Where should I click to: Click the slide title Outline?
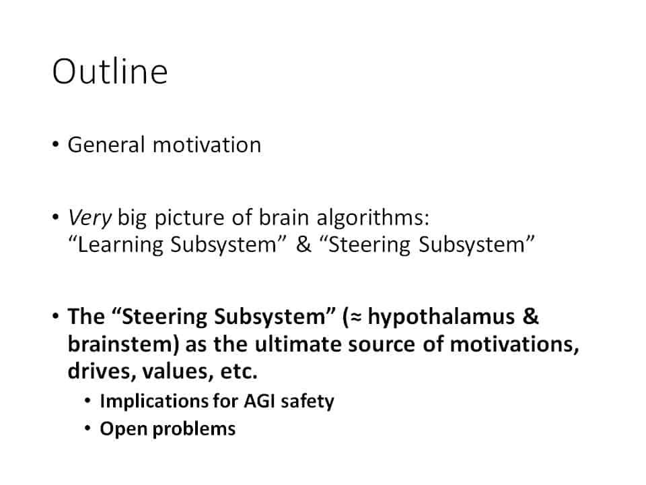[x=110, y=72]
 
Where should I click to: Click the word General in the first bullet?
[x=106, y=145]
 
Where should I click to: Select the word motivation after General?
[x=207, y=145]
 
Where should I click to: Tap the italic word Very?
[x=89, y=218]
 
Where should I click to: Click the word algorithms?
[x=373, y=218]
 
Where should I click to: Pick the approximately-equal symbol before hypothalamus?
[x=357, y=317]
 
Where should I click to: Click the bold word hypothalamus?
[x=441, y=317]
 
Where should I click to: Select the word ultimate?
[x=298, y=344]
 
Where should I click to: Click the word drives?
[x=102, y=370]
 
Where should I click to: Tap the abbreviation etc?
[x=239, y=371]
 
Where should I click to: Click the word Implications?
[x=154, y=401]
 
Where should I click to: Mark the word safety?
[x=308, y=401]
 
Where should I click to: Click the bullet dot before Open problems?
[x=87, y=428]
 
